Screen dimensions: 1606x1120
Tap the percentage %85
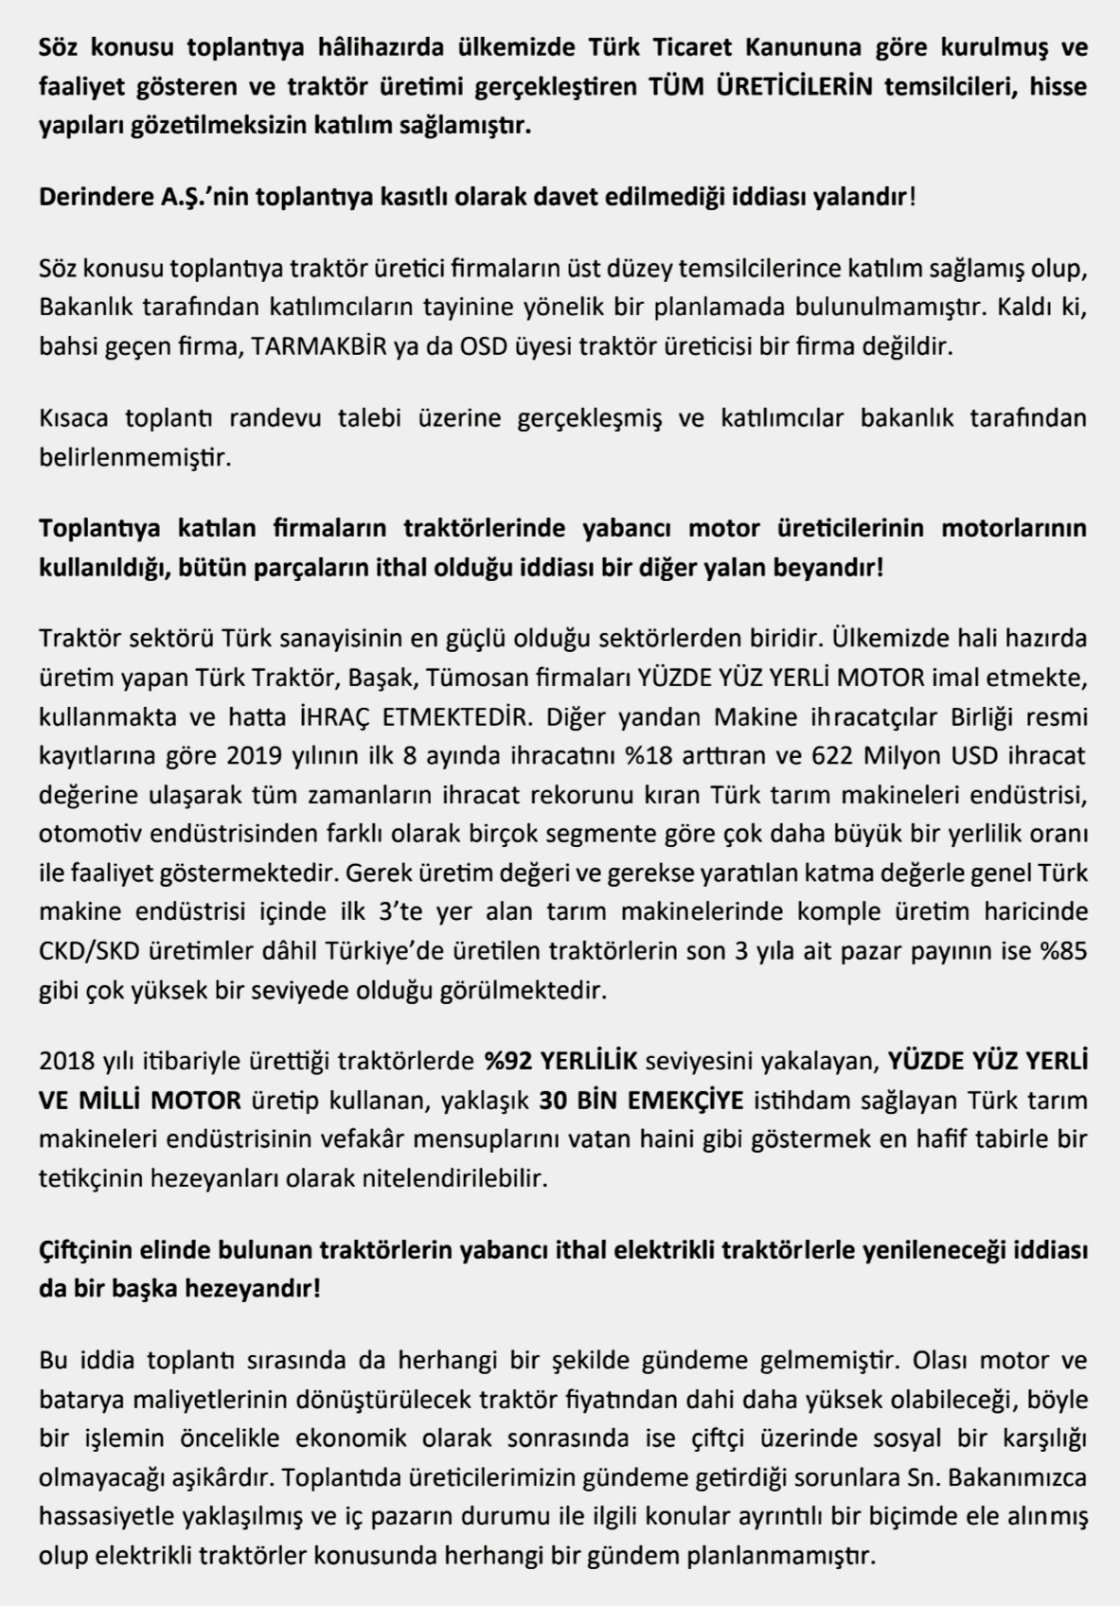1062,951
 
